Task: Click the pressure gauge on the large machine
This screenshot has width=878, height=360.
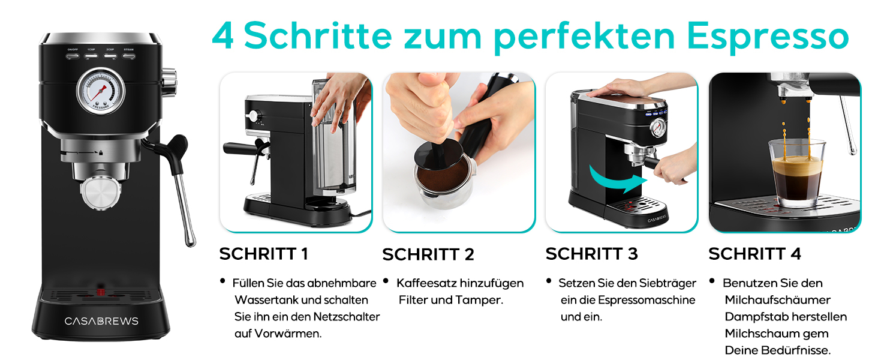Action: point(101,91)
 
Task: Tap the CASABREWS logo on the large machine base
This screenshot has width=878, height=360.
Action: point(101,321)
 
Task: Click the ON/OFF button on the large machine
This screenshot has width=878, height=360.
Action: point(73,56)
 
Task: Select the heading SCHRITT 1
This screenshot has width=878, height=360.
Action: point(263,254)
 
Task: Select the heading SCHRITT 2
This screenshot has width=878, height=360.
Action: point(428,254)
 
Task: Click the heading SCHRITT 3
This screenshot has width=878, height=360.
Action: point(591,254)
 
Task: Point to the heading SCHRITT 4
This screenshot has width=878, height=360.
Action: point(754,254)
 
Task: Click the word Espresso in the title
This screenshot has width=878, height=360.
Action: point(768,37)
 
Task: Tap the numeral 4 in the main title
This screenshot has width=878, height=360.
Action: point(223,35)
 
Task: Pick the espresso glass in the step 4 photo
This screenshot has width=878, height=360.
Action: point(796,173)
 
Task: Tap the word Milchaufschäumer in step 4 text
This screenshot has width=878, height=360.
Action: point(778,300)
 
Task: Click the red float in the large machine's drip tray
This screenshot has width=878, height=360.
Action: point(101,292)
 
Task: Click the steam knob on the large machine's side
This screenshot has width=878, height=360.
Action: point(170,82)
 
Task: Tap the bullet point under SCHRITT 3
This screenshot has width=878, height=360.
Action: point(549,281)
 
